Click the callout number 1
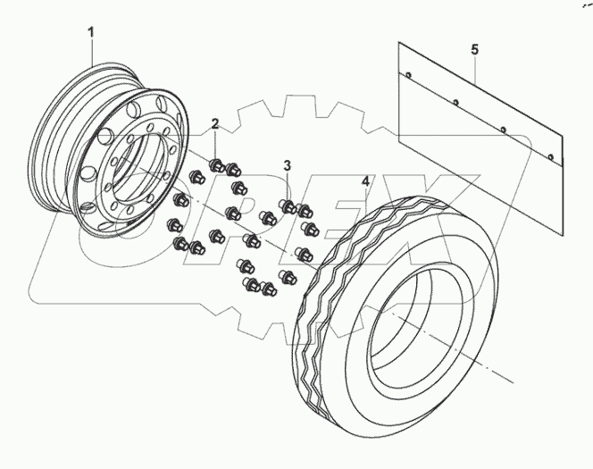tap(90, 33)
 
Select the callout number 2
tap(214, 122)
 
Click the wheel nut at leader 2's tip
tap(216, 163)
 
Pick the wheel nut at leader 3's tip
tap(288, 207)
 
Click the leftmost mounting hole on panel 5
tap(407, 74)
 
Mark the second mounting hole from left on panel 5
tap(455, 103)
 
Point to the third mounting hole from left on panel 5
tap(504, 131)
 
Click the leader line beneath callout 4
tap(365, 202)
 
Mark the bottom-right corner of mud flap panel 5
tap(561, 167)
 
